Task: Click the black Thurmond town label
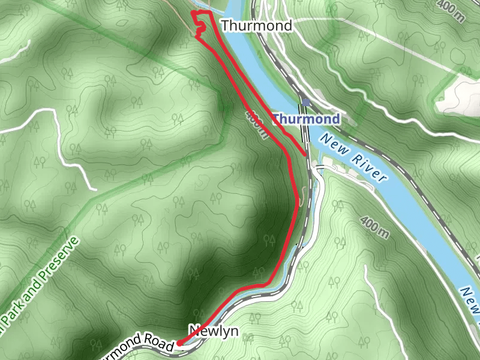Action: point(256,26)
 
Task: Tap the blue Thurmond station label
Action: point(306,119)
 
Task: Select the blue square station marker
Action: point(306,103)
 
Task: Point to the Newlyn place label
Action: point(214,331)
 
